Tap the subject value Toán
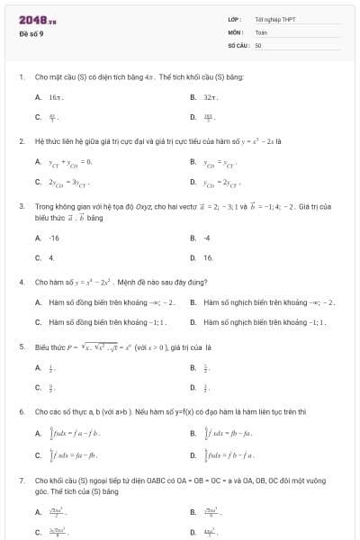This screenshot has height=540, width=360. coord(261,31)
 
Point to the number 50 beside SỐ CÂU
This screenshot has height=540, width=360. coord(258,44)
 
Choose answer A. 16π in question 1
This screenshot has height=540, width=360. coord(49,96)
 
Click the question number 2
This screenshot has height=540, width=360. coord(21,141)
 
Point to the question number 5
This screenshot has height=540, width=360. coord(21,346)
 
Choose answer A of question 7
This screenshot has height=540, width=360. coord(54,512)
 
